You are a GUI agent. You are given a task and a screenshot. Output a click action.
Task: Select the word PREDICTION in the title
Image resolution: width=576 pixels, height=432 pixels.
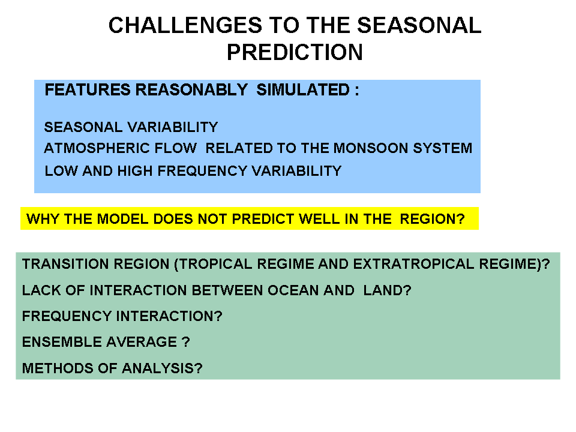pyautogui.click(x=295, y=52)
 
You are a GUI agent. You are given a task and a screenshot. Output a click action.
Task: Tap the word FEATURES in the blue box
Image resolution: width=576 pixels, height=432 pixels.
pyautogui.click(x=88, y=90)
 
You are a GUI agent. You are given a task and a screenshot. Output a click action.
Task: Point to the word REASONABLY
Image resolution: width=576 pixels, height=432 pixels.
pyautogui.click(x=192, y=90)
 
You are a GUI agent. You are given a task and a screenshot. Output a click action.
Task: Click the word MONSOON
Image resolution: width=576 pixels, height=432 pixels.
pyautogui.click(x=371, y=148)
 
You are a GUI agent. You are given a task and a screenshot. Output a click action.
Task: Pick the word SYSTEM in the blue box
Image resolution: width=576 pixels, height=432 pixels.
pyautogui.click(x=443, y=148)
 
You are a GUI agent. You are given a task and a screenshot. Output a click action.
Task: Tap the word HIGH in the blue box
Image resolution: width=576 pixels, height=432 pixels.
pyautogui.click(x=135, y=171)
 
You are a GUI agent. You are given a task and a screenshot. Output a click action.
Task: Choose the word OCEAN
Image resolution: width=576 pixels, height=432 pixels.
pyautogui.click(x=293, y=290)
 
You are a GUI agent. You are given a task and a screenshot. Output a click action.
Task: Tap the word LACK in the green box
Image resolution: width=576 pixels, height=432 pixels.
pyautogui.click(x=41, y=290)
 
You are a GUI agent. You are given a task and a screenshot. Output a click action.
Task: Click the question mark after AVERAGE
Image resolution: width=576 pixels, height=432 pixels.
pyautogui.click(x=186, y=342)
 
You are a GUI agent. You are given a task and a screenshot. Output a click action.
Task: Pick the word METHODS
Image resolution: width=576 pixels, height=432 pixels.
pyautogui.click(x=60, y=368)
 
